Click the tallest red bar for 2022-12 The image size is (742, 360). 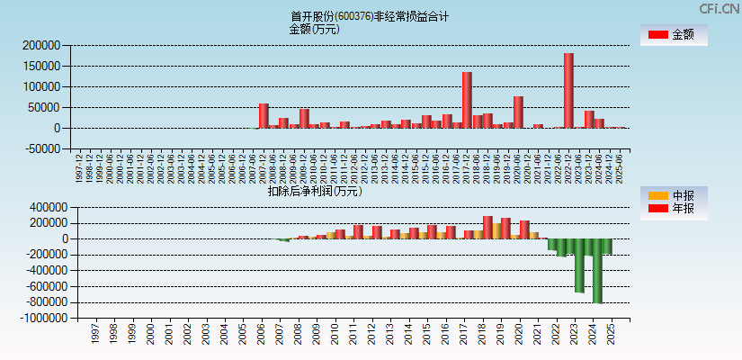(x=568, y=90)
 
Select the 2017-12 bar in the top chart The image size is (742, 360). (x=467, y=100)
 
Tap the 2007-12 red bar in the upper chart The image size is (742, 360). (x=264, y=115)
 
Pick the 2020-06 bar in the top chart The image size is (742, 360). (x=518, y=112)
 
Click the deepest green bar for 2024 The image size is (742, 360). (x=597, y=270)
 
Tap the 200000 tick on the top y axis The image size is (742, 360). (x=41, y=45)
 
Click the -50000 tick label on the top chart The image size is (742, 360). (x=41, y=149)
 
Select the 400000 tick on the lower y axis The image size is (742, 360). (x=41, y=206)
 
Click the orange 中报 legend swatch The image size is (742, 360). (x=658, y=196)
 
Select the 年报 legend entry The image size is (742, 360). (x=673, y=209)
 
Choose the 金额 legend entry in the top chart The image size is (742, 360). (x=673, y=35)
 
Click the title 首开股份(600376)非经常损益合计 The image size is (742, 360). (x=369, y=16)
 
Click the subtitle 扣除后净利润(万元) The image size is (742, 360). (x=314, y=191)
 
